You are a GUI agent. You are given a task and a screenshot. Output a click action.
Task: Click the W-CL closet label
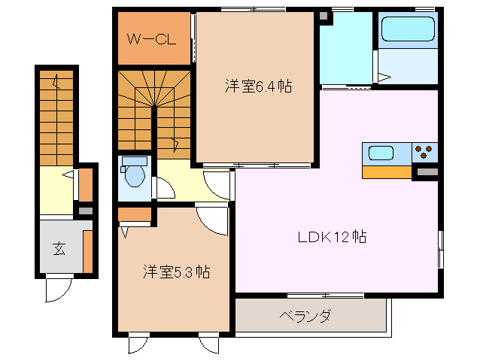click(x=151, y=39)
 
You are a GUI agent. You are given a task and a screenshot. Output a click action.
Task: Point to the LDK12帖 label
click(x=331, y=237)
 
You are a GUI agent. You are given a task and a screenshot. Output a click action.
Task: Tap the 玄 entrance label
click(x=59, y=249)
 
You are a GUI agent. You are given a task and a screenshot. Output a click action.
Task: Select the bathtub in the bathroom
click(x=409, y=30)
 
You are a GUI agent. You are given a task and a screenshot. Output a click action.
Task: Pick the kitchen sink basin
click(x=381, y=153)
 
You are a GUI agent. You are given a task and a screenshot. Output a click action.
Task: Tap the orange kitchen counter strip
click(x=387, y=172)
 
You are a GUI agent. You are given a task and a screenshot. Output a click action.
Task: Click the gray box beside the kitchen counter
click(x=427, y=173)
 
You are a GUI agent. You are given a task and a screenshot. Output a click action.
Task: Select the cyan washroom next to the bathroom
click(x=346, y=50)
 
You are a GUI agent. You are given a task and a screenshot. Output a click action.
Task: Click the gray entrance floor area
click(x=59, y=248)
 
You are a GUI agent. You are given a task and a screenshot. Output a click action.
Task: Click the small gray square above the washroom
click(x=324, y=16)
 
